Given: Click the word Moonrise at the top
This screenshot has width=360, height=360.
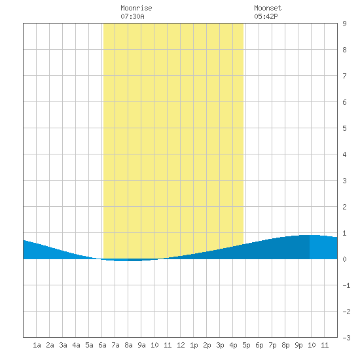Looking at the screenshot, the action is point(136,8).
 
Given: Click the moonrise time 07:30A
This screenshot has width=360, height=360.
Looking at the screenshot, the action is point(132,16).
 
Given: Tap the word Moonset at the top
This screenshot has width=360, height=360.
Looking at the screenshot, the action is point(268,8).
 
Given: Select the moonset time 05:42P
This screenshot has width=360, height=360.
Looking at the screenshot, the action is point(266,16).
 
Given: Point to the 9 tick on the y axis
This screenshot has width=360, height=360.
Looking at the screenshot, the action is point(344,24).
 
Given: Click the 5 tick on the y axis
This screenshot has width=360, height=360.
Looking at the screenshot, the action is point(344,128).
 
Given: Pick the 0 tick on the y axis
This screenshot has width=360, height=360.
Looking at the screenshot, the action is point(344,259).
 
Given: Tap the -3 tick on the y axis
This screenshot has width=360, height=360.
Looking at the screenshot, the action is point(346,338).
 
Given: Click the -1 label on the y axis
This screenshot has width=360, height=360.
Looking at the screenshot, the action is point(346,285).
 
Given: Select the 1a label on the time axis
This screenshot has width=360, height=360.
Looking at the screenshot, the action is point(37,345).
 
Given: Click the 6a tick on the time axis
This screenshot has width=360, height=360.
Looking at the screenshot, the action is point(102,345).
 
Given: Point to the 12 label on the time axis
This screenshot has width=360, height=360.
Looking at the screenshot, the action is point(181,345).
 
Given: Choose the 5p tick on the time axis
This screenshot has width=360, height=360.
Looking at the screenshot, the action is point(246,345).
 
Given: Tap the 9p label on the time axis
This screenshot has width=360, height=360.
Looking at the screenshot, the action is point(298,345).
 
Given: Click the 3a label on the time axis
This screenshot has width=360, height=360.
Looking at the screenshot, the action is point(63,345).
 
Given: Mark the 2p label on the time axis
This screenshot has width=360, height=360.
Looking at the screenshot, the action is point(207,345).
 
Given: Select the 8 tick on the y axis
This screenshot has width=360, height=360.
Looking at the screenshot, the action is point(344,50).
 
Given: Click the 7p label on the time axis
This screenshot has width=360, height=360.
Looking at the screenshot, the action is point(272,345).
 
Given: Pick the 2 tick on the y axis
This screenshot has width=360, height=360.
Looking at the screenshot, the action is point(344,207).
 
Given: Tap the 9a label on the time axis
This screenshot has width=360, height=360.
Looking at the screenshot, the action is point(141,345).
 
